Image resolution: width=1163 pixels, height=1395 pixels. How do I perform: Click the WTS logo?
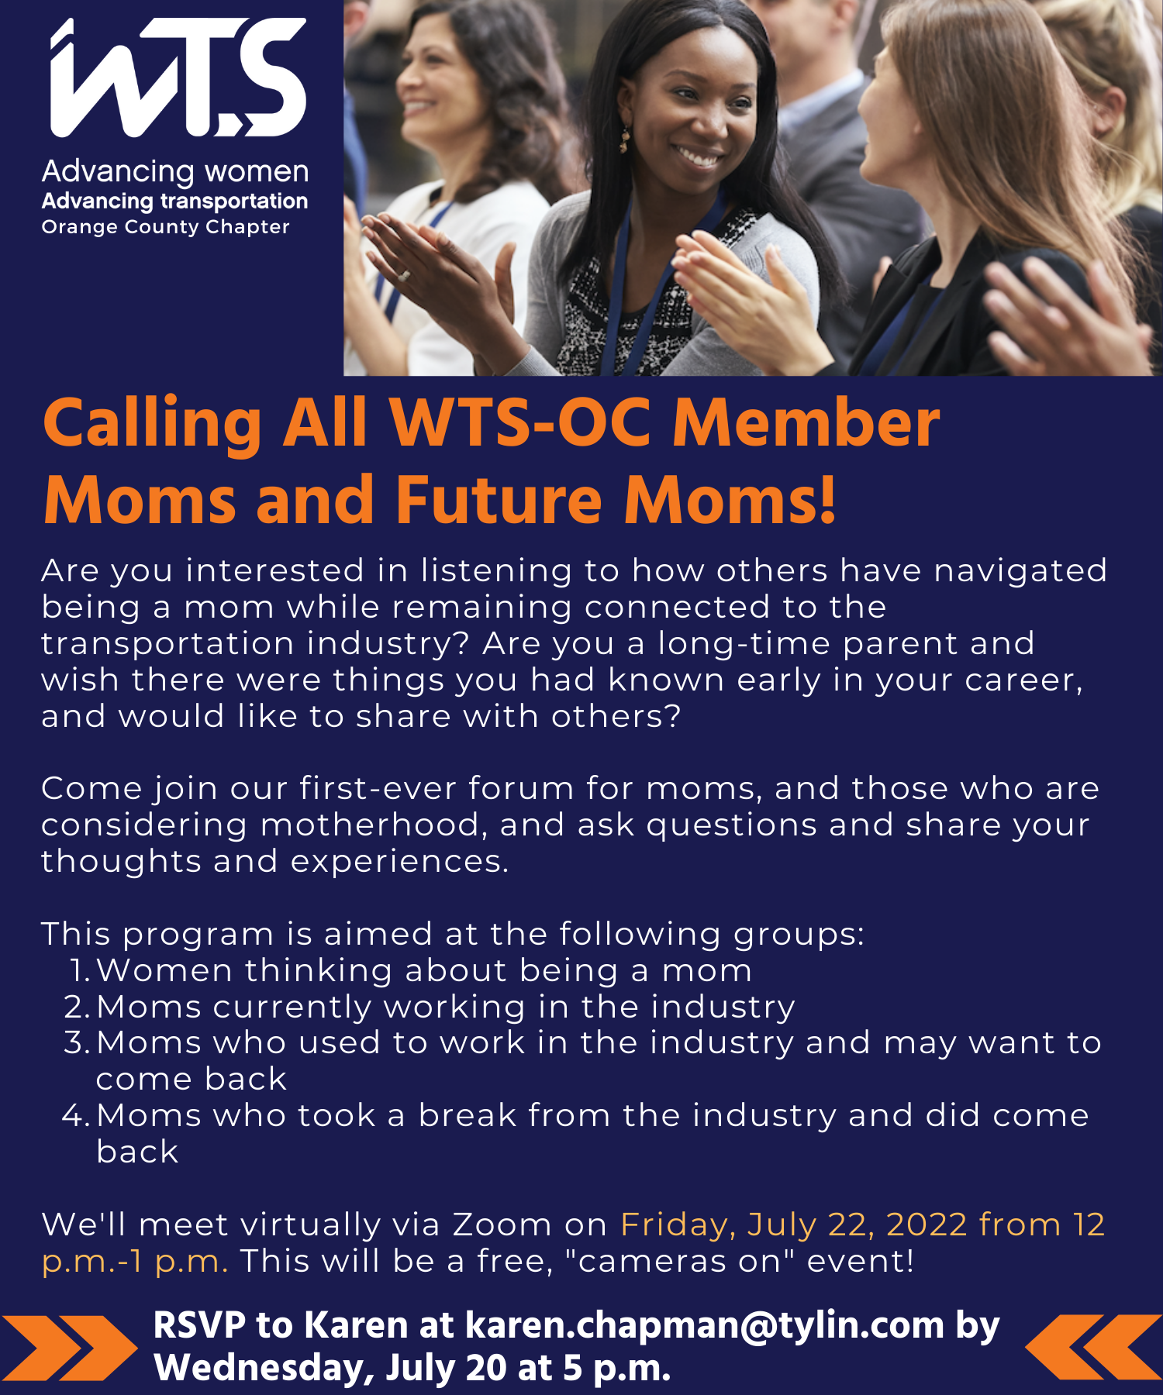click(x=178, y=77)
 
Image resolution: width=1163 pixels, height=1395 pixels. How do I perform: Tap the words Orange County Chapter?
click(x=165, y=227)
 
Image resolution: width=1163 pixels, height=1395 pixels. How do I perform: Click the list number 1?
click(x=80, y=970)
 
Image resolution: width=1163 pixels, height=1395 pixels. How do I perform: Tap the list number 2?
click(x=78, y=1007)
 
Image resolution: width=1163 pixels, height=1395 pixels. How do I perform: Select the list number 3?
click(x=78, y=1042)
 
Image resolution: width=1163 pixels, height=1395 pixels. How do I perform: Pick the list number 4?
click(x=78, y=1115)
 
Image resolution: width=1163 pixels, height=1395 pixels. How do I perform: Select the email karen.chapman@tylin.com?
click(x=705, y=1325)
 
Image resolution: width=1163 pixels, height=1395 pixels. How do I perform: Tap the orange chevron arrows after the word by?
click(x=1094, y=1348)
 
